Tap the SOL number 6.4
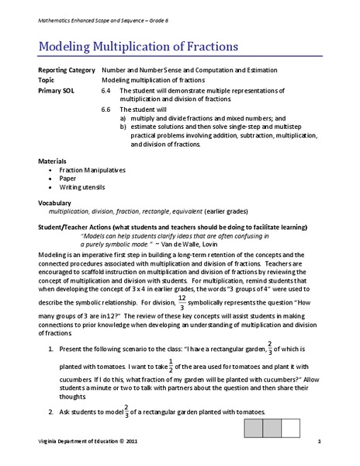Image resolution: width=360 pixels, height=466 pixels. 107,90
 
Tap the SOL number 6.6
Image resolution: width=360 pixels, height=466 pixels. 107,111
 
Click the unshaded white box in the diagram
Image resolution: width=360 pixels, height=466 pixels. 291,429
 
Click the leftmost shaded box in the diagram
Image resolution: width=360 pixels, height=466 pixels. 253,429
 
